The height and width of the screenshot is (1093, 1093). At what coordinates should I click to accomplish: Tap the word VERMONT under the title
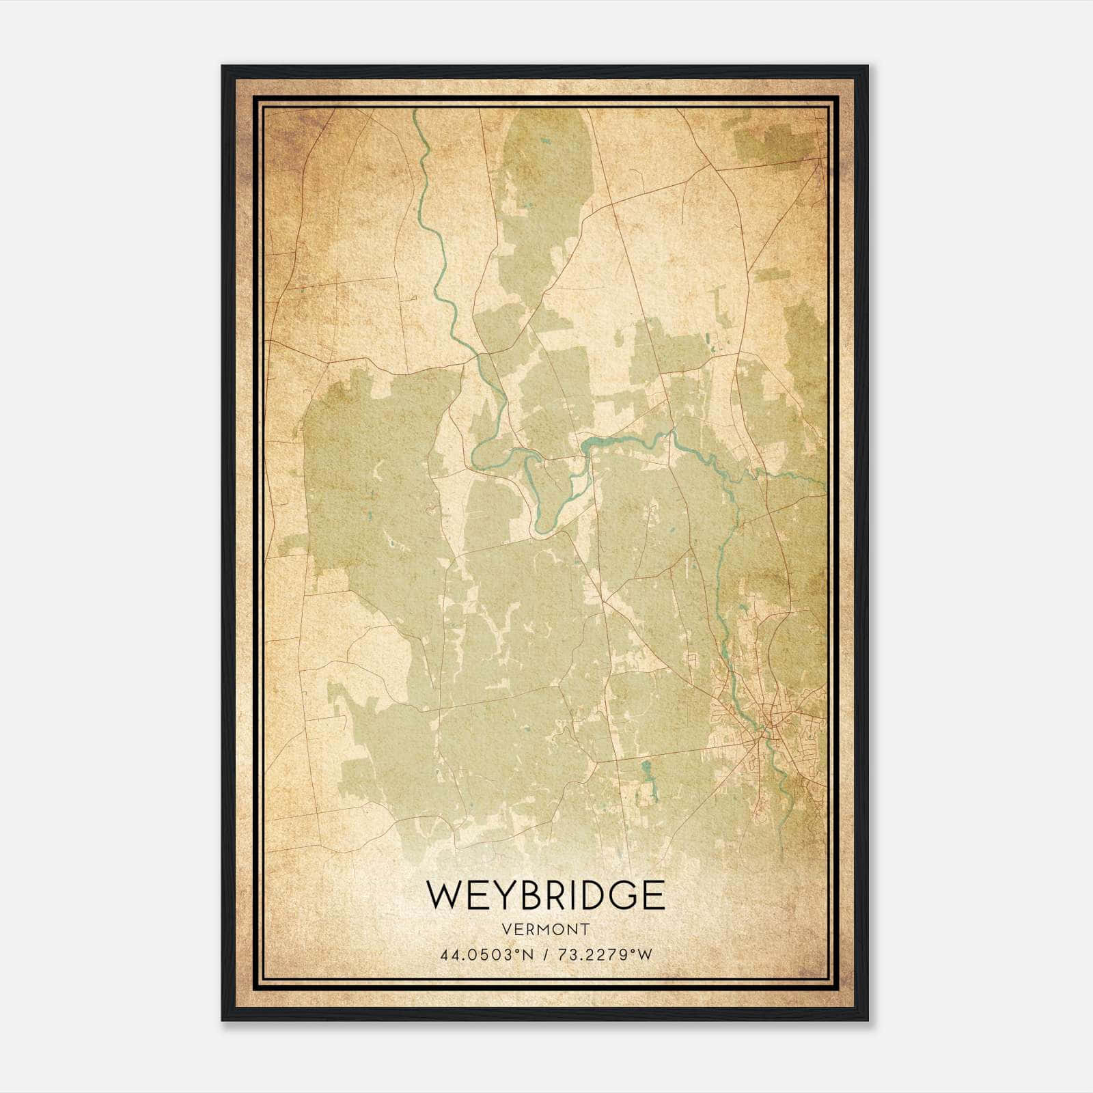[x=545, y=929]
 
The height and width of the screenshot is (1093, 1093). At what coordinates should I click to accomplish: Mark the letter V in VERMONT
[x=506, y=929]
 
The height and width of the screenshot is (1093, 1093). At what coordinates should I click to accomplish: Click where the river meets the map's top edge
[x=415, y=110]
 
